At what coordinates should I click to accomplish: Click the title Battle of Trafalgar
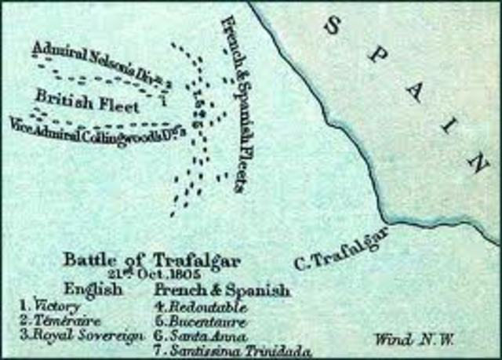pyautogui.click(x=152, y=260)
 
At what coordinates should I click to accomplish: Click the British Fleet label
pyautogui.click(x=87, y=103)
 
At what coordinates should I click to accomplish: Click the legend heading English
pyautogui.click(x=94, y=290)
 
